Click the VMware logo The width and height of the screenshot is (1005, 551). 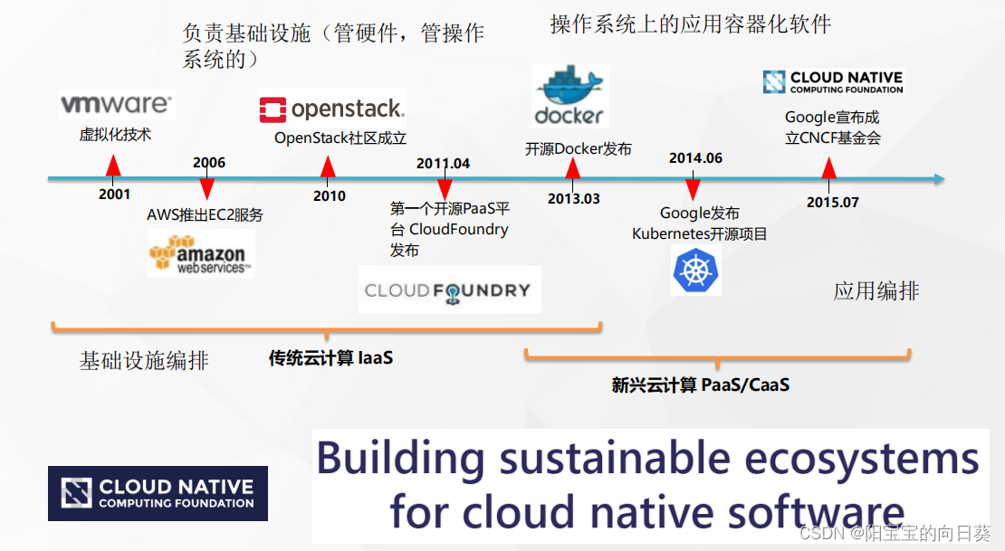pyautogui.click(x=117, y=104)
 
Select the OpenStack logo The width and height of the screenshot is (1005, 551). pyautogui.click(x=332, y=109)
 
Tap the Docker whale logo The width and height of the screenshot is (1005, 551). pyautogui.click(x=569, y=96)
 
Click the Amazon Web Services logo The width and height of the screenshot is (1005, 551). pyautogui.click(x=201, y=253)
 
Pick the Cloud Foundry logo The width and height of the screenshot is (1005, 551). pyautogui.click(x=449, y=290)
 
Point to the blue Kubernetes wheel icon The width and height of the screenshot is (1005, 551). pyautogui.click(x=696, y=271)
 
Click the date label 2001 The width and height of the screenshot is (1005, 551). pyautogui.click(x=115, y=195)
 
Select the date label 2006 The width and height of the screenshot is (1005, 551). pyautogui.click(x=209, y=163)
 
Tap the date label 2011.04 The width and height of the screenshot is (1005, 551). pyautogui.click(x=443, y=164)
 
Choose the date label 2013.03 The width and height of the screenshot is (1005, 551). pyautogui.click(x=574, y=199)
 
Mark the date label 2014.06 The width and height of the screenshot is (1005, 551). pyautogui.click(x=695, y=158)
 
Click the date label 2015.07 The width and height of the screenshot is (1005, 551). pyautogui.click(x=833, y=203)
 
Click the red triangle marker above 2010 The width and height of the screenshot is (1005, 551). pyautogui.click(x=328, y=166)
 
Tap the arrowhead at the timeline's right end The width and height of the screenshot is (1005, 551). pyautogui.click(x=940, y=179)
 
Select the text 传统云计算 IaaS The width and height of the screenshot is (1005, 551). pyautogui.click(x=330, y=357)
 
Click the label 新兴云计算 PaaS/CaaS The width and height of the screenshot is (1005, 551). pyautogui.click(x=701, y=385)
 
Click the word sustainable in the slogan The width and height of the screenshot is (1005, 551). pyautogui.click(x=615, y=459)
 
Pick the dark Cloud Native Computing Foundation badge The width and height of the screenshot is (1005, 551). pyautogui.click(x=158, y=493)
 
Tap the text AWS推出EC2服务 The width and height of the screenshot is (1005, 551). pyautogui.click(x=206, y=214)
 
